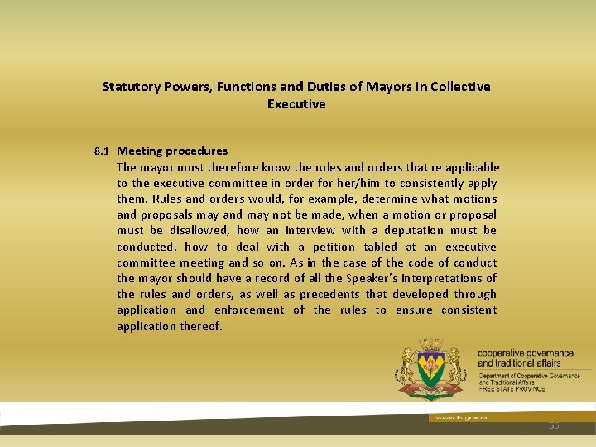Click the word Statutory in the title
pyautogui.click(x=131, y=86)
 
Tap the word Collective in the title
pyautogui.click(x=460, y=86)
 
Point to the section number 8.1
pyautogui.click(x=102, y=151)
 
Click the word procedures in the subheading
pyautogui.click(x=196, y=151)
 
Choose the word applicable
pyautogui.click(x=470, y=167)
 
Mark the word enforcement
pyautogui.click(x=248, y=310)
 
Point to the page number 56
pyautogui.click(x=554, y=425)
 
